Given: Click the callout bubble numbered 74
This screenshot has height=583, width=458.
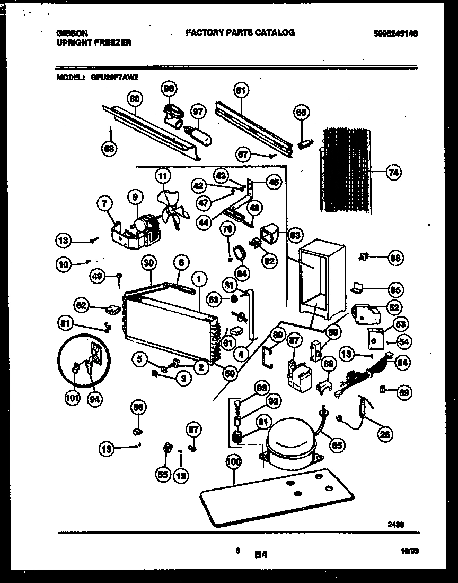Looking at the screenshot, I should click(393, 172).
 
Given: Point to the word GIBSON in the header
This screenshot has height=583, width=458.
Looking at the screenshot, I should click(70, 32).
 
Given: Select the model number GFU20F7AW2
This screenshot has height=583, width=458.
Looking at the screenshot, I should click(114, 77).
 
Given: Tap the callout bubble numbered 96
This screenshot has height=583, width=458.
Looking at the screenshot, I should click(169, 89).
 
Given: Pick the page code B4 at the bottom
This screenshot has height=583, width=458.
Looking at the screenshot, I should click(260, 555).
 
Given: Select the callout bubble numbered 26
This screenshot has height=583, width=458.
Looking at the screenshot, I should click(385, 434).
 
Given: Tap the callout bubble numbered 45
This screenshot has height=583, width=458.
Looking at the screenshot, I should click(273, 182).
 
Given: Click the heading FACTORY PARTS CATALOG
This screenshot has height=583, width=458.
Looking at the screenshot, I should click(240, 32).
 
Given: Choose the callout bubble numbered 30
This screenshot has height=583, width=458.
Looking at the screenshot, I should click(149, 262).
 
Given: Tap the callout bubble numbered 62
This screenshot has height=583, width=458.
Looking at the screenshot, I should click(81, 305).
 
